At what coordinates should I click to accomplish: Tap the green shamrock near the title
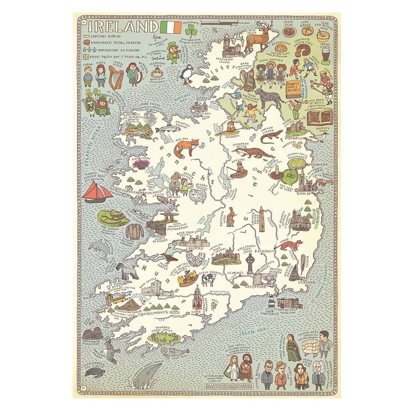191,30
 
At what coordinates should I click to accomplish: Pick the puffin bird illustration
187,75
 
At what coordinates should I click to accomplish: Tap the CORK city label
196,312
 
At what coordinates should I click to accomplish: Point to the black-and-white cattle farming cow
207,280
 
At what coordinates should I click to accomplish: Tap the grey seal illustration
169,353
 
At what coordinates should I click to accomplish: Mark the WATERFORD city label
256,286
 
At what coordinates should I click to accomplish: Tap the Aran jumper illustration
135,232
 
